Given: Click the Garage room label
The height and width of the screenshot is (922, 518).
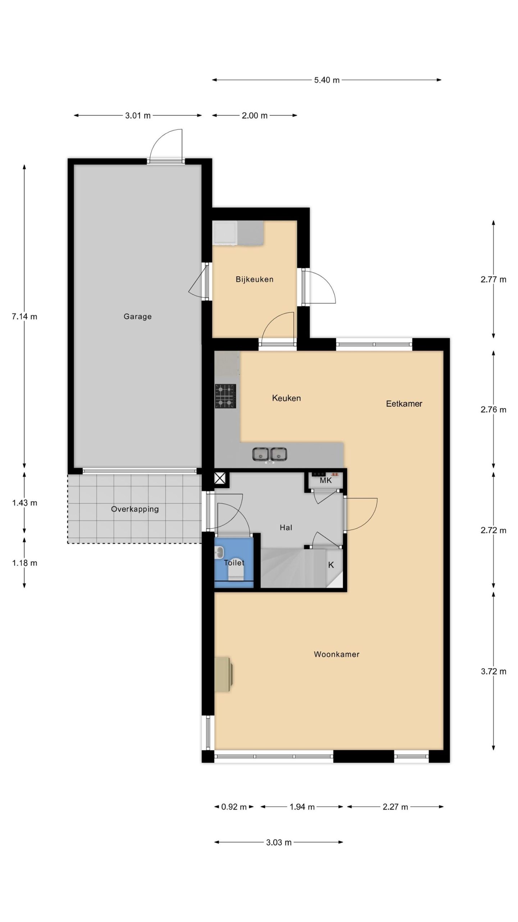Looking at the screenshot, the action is pyautogui.click(x=137, y=317).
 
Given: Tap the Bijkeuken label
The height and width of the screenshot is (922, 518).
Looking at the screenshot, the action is pyautogui.click(x=254, y=279).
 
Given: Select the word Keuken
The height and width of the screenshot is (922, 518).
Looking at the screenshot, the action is pyautogui.click(x=286, y=398).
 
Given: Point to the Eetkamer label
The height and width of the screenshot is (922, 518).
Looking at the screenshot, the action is pyautogui.click(x=404, y=403).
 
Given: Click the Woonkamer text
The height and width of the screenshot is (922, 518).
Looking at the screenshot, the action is pyautogui.click(x=337, y=654).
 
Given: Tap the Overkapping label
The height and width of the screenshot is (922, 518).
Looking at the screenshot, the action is pyautogui.click(x=135, y=509).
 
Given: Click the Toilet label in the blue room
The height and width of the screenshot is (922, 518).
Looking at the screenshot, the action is pyautogui.click(x=234, y=563).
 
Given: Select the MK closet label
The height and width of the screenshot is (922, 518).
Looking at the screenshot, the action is pyautogui.click(x=326, y=480).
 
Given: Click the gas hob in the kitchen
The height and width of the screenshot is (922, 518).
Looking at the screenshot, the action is pyautogui.click(x=226, y=396).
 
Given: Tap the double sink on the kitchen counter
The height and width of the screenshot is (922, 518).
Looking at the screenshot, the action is pyautogui.click(x=269, y=455).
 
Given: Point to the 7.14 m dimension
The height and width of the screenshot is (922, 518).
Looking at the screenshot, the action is pyautogui.click(x=24, y=317).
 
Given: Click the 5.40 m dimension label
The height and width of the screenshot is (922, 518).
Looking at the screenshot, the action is pyautogui.click(x=327, y=80).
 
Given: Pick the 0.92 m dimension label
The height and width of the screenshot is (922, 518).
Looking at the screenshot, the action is pyautogui.click(x=234, y=807).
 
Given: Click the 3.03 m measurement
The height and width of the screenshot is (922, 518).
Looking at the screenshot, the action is pyautogui.click(x=279, y=842).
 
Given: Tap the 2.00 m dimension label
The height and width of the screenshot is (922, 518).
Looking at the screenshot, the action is pyautogui.click(x=254, y=116).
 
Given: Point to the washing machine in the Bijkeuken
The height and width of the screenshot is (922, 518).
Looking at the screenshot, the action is pyautogui.click(x=225, y=233).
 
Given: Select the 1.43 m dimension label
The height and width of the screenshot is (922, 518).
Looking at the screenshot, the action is pyautogui.click(x=24, y=503).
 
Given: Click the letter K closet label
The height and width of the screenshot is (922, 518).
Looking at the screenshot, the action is pyautogui.click(x=331, y=565).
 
